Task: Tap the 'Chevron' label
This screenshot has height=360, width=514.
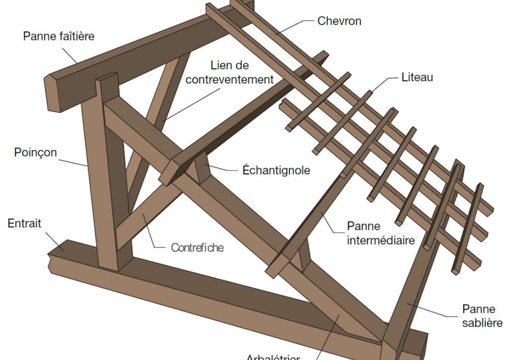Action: pos(339,21)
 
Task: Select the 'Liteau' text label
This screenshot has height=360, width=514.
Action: pos(417,77)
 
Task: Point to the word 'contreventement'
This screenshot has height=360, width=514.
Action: pos(230,79)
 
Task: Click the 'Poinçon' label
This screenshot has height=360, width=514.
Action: pos(35,153)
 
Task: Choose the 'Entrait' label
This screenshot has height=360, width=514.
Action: pos(24,223)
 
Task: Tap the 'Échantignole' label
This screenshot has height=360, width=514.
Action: pos(276,170)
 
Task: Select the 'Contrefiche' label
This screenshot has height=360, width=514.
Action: pos(197,248)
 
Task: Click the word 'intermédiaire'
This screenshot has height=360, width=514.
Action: pos(381,240)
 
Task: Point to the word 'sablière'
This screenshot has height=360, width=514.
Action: pos(479,323)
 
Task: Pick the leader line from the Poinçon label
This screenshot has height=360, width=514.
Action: pos(74,159)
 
